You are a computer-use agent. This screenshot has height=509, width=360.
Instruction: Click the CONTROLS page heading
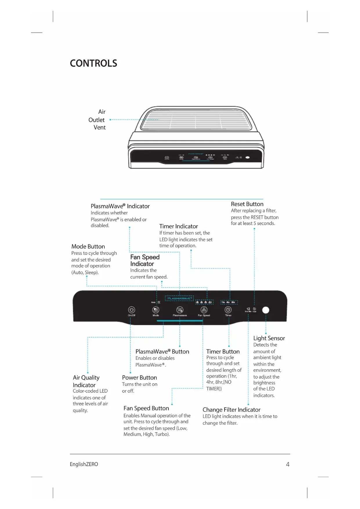click(x=93, y=63)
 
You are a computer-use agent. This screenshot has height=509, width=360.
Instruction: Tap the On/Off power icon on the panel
click(x=131, y=310)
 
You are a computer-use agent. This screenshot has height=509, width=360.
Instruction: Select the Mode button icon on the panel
click(x=156, y=310)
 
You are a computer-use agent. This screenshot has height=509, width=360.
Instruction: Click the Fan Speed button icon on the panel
click(x=204, y=310)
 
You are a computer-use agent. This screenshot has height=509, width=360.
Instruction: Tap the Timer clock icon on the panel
click(x=228, y=310)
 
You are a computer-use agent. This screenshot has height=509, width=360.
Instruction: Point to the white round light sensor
click(x=265, y=310)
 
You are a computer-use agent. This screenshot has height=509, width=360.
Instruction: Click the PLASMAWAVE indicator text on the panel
click(x=179, y=298)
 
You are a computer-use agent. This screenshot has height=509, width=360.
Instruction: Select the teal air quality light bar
click(x=180, y=321)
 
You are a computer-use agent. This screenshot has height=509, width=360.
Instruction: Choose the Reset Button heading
click(x=247, y=204)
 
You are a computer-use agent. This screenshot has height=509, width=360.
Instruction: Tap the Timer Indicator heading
click(x=178, y=226)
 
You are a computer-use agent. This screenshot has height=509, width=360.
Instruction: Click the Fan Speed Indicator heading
click(x=145, y=260)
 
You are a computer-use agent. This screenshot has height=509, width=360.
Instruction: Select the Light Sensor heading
click(x=269, y=338)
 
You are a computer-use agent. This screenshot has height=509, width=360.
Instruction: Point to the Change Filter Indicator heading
click(x=231, y=409)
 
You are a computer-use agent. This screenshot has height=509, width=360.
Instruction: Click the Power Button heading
click(x=139, y=378)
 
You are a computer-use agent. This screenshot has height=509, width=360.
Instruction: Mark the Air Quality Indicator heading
click(x=86, y=381)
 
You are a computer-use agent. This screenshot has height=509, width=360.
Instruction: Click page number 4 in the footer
click(x=287, y=464)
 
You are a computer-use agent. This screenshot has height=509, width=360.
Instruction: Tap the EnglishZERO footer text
click(x=84, y=464)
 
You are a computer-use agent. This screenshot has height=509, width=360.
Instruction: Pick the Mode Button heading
click(x=88, y=246)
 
